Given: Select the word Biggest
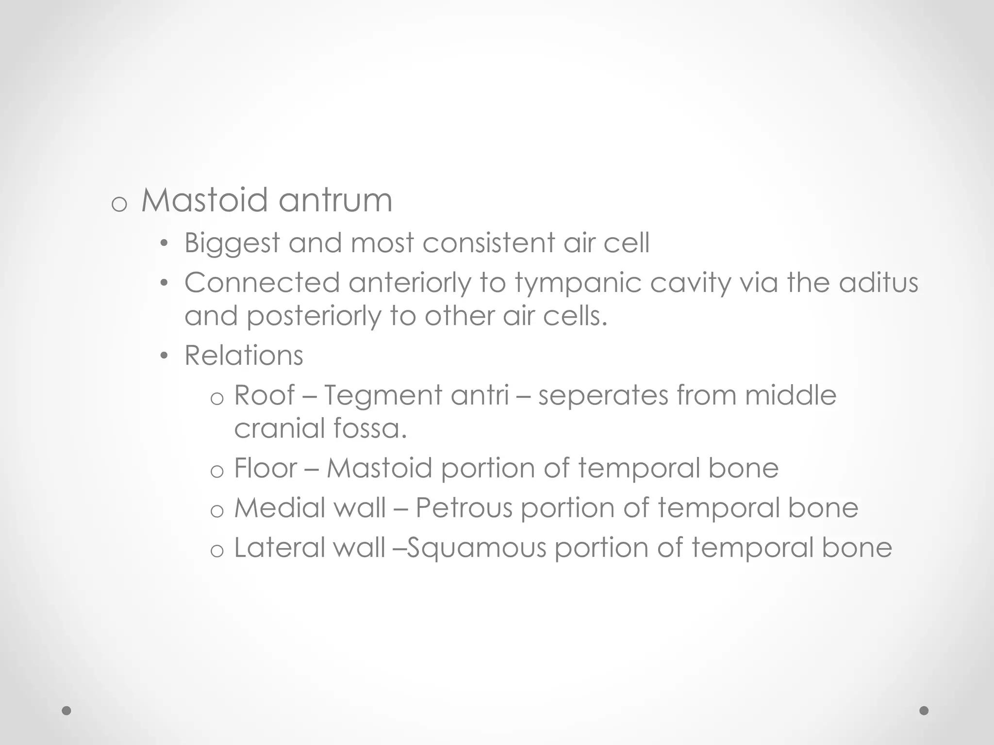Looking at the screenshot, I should click(x=232, y=243).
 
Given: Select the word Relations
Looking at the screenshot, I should click(x=244, y=356).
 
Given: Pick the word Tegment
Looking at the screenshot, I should click(x=382, y=396).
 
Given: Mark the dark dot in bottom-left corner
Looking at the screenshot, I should click(x=67, y=711).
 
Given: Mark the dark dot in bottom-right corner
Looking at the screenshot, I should click(x=924, y=711).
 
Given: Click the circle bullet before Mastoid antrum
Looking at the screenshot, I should click(x=119, y=205).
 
